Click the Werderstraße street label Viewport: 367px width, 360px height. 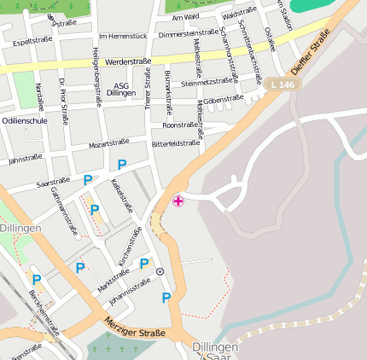pos(129,62)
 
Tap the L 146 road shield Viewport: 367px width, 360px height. pos(281,84)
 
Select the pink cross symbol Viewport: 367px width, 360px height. pos(178,201)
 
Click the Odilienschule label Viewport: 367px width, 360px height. pos(24,121)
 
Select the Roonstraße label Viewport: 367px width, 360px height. pos(179,125)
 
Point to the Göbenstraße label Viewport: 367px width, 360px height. pos(224,100)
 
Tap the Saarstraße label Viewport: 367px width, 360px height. pos(54,182)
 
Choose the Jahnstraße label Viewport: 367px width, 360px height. pos(25,158)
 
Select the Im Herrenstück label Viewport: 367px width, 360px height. pos(123,36)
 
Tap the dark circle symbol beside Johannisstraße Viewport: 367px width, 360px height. pos(160,271)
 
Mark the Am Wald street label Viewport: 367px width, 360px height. pos(185,16)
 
